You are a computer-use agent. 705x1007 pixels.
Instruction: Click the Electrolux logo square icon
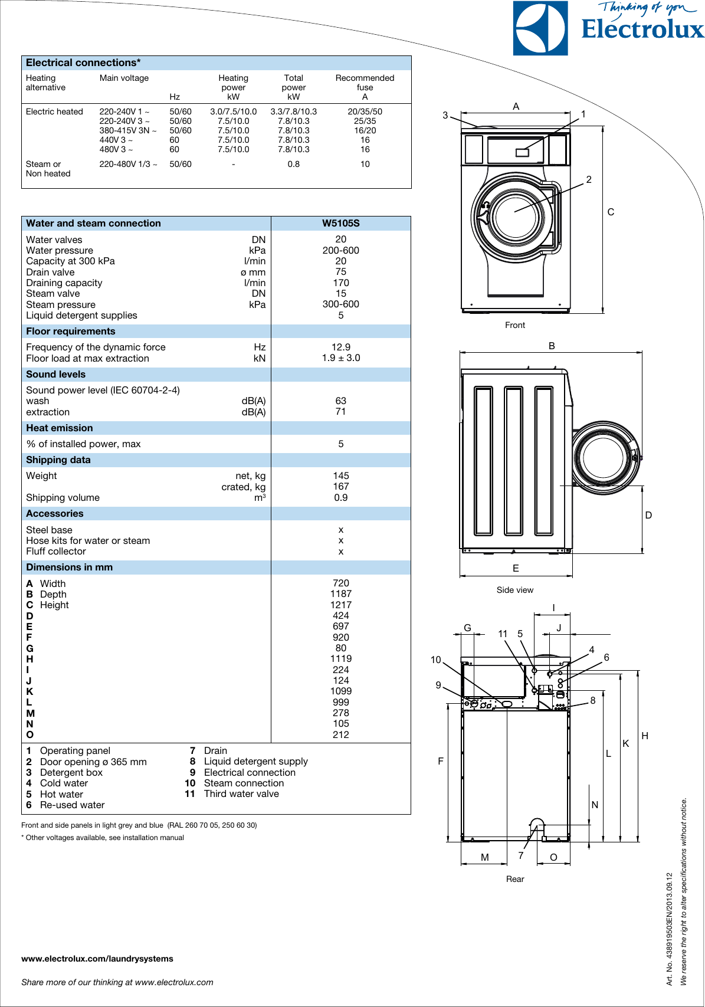540,28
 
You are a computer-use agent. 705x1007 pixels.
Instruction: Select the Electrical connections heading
83,63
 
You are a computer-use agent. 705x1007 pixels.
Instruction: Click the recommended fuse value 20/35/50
365,111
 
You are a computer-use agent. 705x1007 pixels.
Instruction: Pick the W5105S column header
340,223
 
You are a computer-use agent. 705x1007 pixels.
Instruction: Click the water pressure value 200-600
340,250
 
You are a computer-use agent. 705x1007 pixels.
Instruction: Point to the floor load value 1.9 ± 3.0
340,358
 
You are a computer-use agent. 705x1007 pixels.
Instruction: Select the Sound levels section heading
55,374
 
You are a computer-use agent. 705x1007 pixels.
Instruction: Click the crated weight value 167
340,487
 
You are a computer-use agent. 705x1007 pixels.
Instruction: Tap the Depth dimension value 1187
340,594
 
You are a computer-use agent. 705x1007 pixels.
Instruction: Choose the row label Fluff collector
56,551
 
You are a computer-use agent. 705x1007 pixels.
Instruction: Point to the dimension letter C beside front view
611,212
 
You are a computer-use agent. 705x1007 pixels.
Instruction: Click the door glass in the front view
516,217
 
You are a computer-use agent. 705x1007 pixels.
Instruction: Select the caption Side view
514,590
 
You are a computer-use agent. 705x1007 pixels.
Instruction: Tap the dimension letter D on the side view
648,515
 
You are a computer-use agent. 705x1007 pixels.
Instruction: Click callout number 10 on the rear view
435,660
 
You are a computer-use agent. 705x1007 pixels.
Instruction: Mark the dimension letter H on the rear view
645,736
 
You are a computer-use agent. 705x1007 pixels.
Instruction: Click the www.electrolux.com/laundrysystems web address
97,959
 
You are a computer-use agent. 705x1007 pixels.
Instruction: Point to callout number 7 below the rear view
521,855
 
